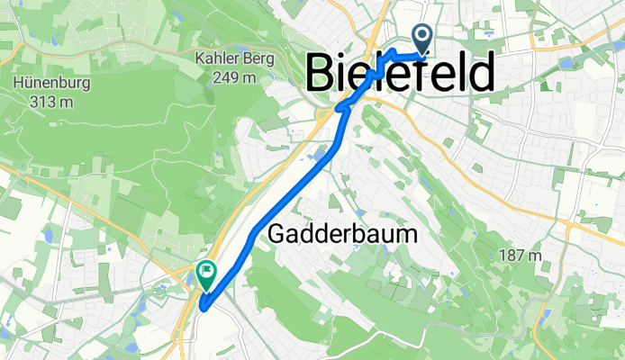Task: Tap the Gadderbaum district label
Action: coord(343,234)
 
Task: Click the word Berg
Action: coord(256,60)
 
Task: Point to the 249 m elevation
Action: coord(235,78)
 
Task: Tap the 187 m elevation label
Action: coord(521,256)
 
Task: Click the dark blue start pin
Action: coord(421,39)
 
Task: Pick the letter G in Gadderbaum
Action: coord(277,234)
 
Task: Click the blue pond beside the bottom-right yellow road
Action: coord(544,315)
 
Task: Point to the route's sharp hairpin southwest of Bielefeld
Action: coord(339,109)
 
